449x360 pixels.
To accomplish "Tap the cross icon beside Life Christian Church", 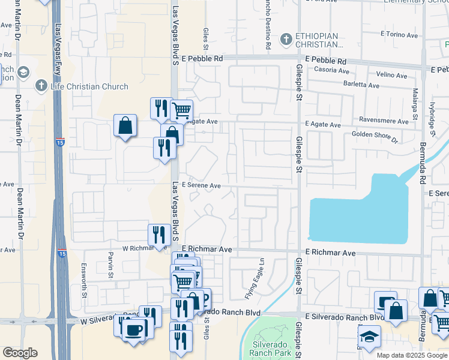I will point(41,86).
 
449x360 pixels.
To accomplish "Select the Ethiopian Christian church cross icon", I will point(286,40).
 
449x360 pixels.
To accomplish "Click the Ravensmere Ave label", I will point(384,121).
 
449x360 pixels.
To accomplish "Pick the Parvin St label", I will point(111,266).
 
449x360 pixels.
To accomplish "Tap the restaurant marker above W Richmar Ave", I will point(158,234).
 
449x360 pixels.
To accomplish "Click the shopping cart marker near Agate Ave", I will point(181,110).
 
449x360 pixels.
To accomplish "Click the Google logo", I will point(20,353).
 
